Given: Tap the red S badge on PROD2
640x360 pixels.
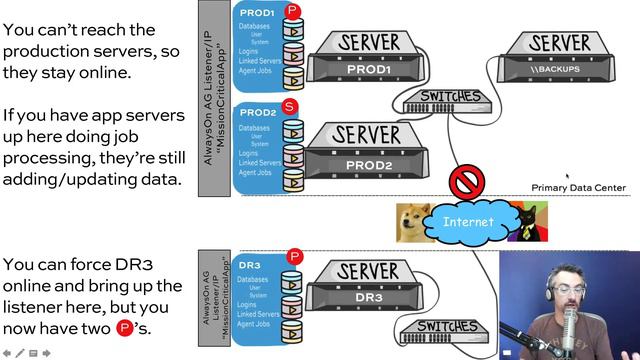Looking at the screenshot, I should [x=290, y=105].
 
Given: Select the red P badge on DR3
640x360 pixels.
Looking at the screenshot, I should [x=293, y=257].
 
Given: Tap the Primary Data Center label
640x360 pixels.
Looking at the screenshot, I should [x=578, y=187].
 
